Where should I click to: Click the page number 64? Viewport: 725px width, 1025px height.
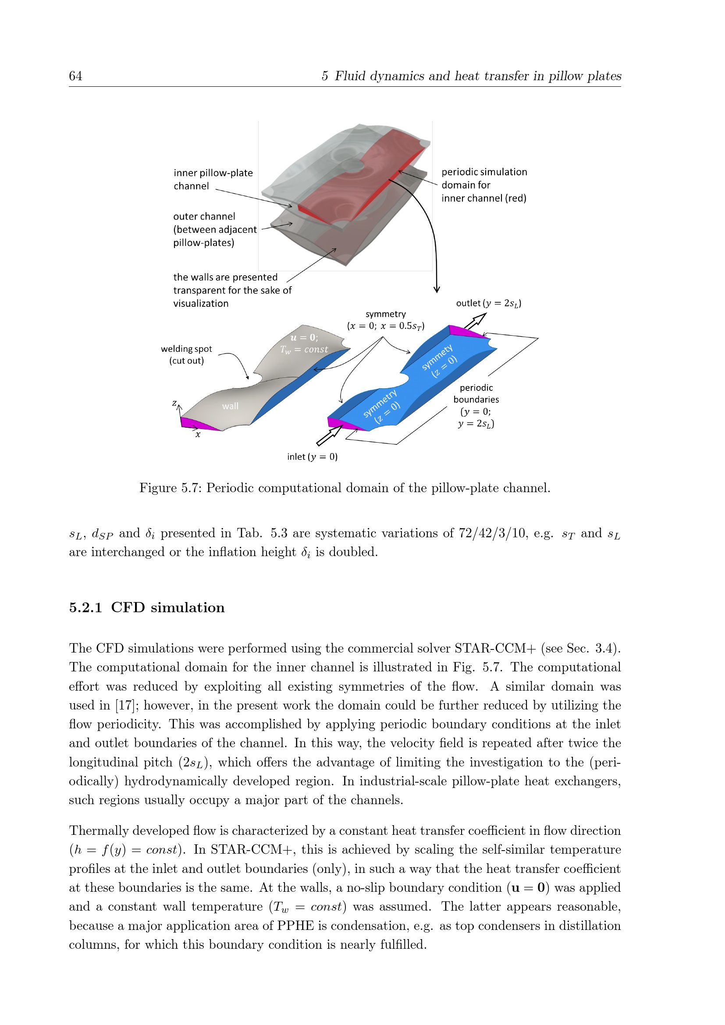pyautogui.click(x=75, y=76)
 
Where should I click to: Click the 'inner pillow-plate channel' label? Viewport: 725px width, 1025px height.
pyautogui.click(x=213, y=180)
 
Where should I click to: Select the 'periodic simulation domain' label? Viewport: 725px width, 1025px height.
pyautogui.click(x=484, y=185)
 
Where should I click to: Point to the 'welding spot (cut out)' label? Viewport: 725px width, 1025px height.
pyautogui.click(x=186, y=355)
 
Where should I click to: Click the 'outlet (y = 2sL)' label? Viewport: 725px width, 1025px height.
pyautogui.click(x=488, y=303)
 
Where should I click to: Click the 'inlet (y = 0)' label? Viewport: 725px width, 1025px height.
pyautogui.click(x=312, y=457)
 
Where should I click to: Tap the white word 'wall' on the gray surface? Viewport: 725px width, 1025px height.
pyautogui.click(x=230, y=406)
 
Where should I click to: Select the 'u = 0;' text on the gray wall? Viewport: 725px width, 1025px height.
pyautogui.click(x=304, y=337)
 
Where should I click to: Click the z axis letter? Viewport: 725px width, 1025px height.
pyautogui.click(x=174, y=403)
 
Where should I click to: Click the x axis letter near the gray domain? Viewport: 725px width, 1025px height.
pyautogui.click(x=198, y=434)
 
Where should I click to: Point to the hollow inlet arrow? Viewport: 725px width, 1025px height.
pyautogui.click(x=329, y=436)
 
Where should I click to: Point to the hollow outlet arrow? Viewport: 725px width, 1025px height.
pyautogui.click(x=475, y=321)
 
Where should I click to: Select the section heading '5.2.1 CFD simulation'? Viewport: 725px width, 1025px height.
pyautogui.click(x=147, y=607)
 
